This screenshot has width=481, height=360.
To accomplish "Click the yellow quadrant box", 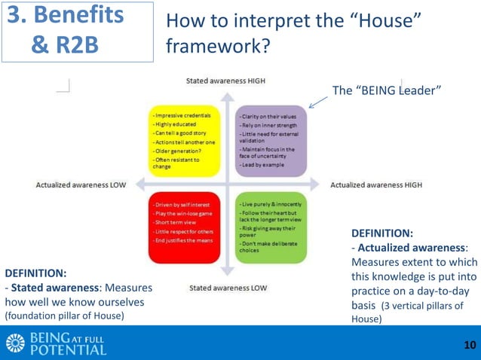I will pyautogui.click(x=184, y=141).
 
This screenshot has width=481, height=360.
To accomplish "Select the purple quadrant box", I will pyautogui.click(x=271, y=141).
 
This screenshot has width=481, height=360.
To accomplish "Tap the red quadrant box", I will pyautogui.click(x=184, y=227).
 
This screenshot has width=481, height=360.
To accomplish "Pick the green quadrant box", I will pyautogui.click(x=271, y=227).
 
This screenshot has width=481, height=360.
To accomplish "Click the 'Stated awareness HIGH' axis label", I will pyautogui.click(x=225, y=81).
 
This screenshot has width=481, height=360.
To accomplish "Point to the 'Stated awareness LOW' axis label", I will pyautogui.click(x=228, y=288).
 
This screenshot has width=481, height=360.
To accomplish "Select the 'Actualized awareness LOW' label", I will pyautogui.click(x=81, y=185).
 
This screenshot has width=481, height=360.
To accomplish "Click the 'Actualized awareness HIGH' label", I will pyautogui.click(x=376, y=185).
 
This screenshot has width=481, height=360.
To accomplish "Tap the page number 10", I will pyautogui.click(x=470, y=345).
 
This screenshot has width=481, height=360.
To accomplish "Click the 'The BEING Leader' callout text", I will pyautogui.click(x=386, y=90).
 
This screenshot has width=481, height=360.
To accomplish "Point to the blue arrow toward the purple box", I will pyautogui.click(x=317, y=102).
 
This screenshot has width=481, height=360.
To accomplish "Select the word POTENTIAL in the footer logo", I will pyautogui.click(x=67, y=349).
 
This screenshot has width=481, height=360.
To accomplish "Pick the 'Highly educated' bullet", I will pyautogui.click(x=175, y=124).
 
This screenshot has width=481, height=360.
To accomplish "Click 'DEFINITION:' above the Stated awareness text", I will pyautogui.click(x=35, y=273).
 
